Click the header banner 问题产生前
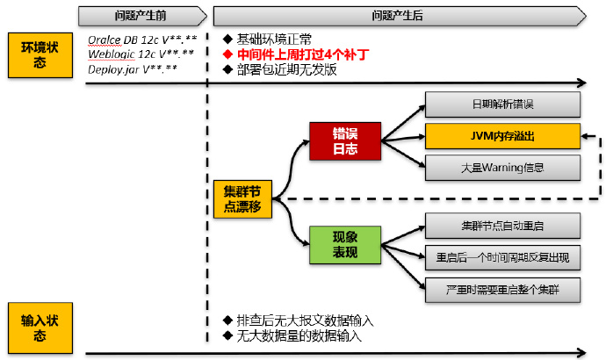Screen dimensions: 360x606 pos(141,15)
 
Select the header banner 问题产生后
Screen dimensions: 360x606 pos(398,15)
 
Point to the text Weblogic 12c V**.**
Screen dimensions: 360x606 pos(141,54)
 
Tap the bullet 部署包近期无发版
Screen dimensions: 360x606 pos(286,69)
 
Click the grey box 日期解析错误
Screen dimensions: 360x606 pos(502,105)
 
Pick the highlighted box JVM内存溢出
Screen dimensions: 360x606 pos(502,136)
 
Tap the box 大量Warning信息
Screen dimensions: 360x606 pos(502,167)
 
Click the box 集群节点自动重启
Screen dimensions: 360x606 pos(502,226)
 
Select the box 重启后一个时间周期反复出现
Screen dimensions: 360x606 pos(502,256)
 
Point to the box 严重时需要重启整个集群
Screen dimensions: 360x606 pos(502,287)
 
